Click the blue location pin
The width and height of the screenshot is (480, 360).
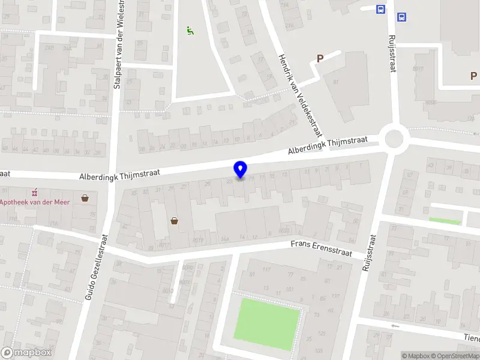(x=240, y=169)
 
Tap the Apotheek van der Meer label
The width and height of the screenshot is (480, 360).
(x=35, y=202)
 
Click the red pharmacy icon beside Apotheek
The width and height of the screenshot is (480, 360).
(x=34, y=192)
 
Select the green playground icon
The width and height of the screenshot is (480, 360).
(x=190, y=30)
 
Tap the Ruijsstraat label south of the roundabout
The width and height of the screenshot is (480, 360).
(x=369, y=252)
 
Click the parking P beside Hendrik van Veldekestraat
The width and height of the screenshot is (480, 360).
(x=320, y=59)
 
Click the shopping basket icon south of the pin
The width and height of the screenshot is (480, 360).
(x=175, y=220)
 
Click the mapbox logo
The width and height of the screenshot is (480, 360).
(x=26, y=352)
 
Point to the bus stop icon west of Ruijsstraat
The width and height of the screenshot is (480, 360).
(x=380, y=9)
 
